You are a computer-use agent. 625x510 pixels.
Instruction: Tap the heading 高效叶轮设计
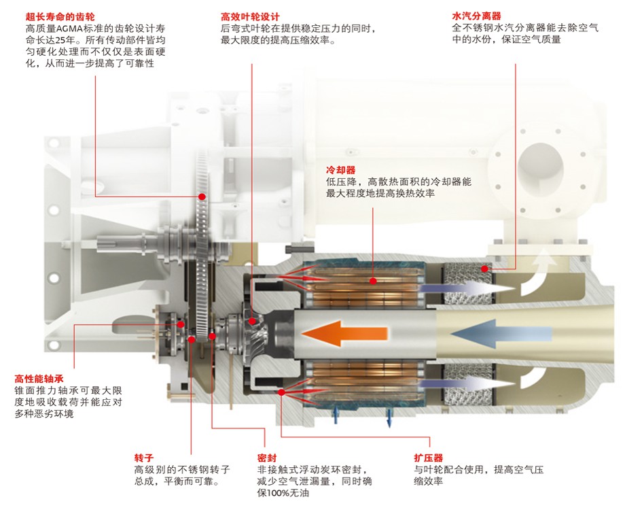(251, 16)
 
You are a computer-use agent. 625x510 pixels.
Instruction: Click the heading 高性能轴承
(39, 379)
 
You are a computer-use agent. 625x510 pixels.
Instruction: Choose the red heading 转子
(143, 457)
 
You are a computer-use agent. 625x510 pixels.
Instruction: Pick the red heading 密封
(267, 457)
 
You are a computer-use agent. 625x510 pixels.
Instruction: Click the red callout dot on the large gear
(202, 197)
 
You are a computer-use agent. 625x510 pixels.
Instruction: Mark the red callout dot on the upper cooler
(372, 279)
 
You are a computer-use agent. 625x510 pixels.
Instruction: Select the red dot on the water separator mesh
(484, 268)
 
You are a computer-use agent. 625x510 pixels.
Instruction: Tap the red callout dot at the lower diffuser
(280, 392)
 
